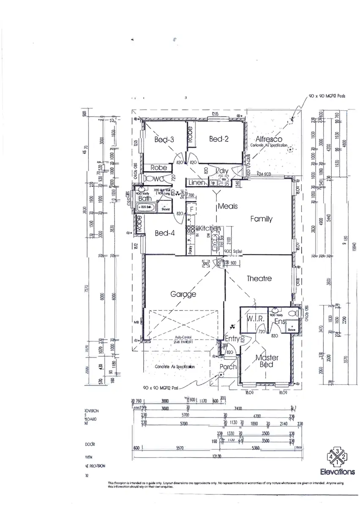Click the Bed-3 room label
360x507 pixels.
pos(164,140)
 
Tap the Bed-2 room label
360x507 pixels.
pos(219,139)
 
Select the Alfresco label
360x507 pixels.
pos(269,139)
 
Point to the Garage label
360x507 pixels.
pos(183,294)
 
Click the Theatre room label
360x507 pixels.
pos(259,278)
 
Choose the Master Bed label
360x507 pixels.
pos(267,361)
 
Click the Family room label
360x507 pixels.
pos(261,219)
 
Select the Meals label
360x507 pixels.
pos(228,207)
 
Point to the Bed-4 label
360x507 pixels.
pos(162,233)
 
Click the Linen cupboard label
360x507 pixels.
pos(196,183)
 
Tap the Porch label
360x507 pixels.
pos(228,367)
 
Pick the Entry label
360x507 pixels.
pos(232,339)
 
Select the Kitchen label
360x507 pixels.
pos(210,229)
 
